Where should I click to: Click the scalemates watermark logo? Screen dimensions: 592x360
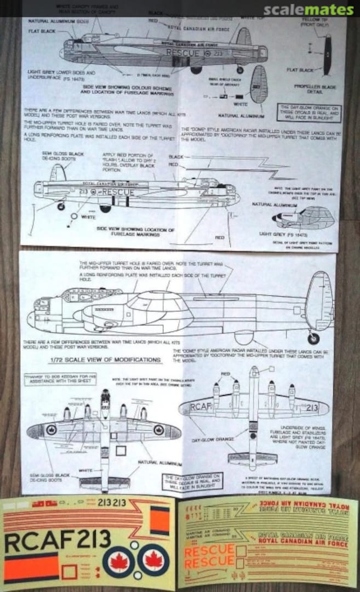coord(308,10)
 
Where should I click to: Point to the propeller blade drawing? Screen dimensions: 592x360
coord(327,54)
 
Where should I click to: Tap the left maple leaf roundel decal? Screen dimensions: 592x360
coord(119,562)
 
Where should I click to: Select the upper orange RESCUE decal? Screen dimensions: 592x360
coord(209,550)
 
